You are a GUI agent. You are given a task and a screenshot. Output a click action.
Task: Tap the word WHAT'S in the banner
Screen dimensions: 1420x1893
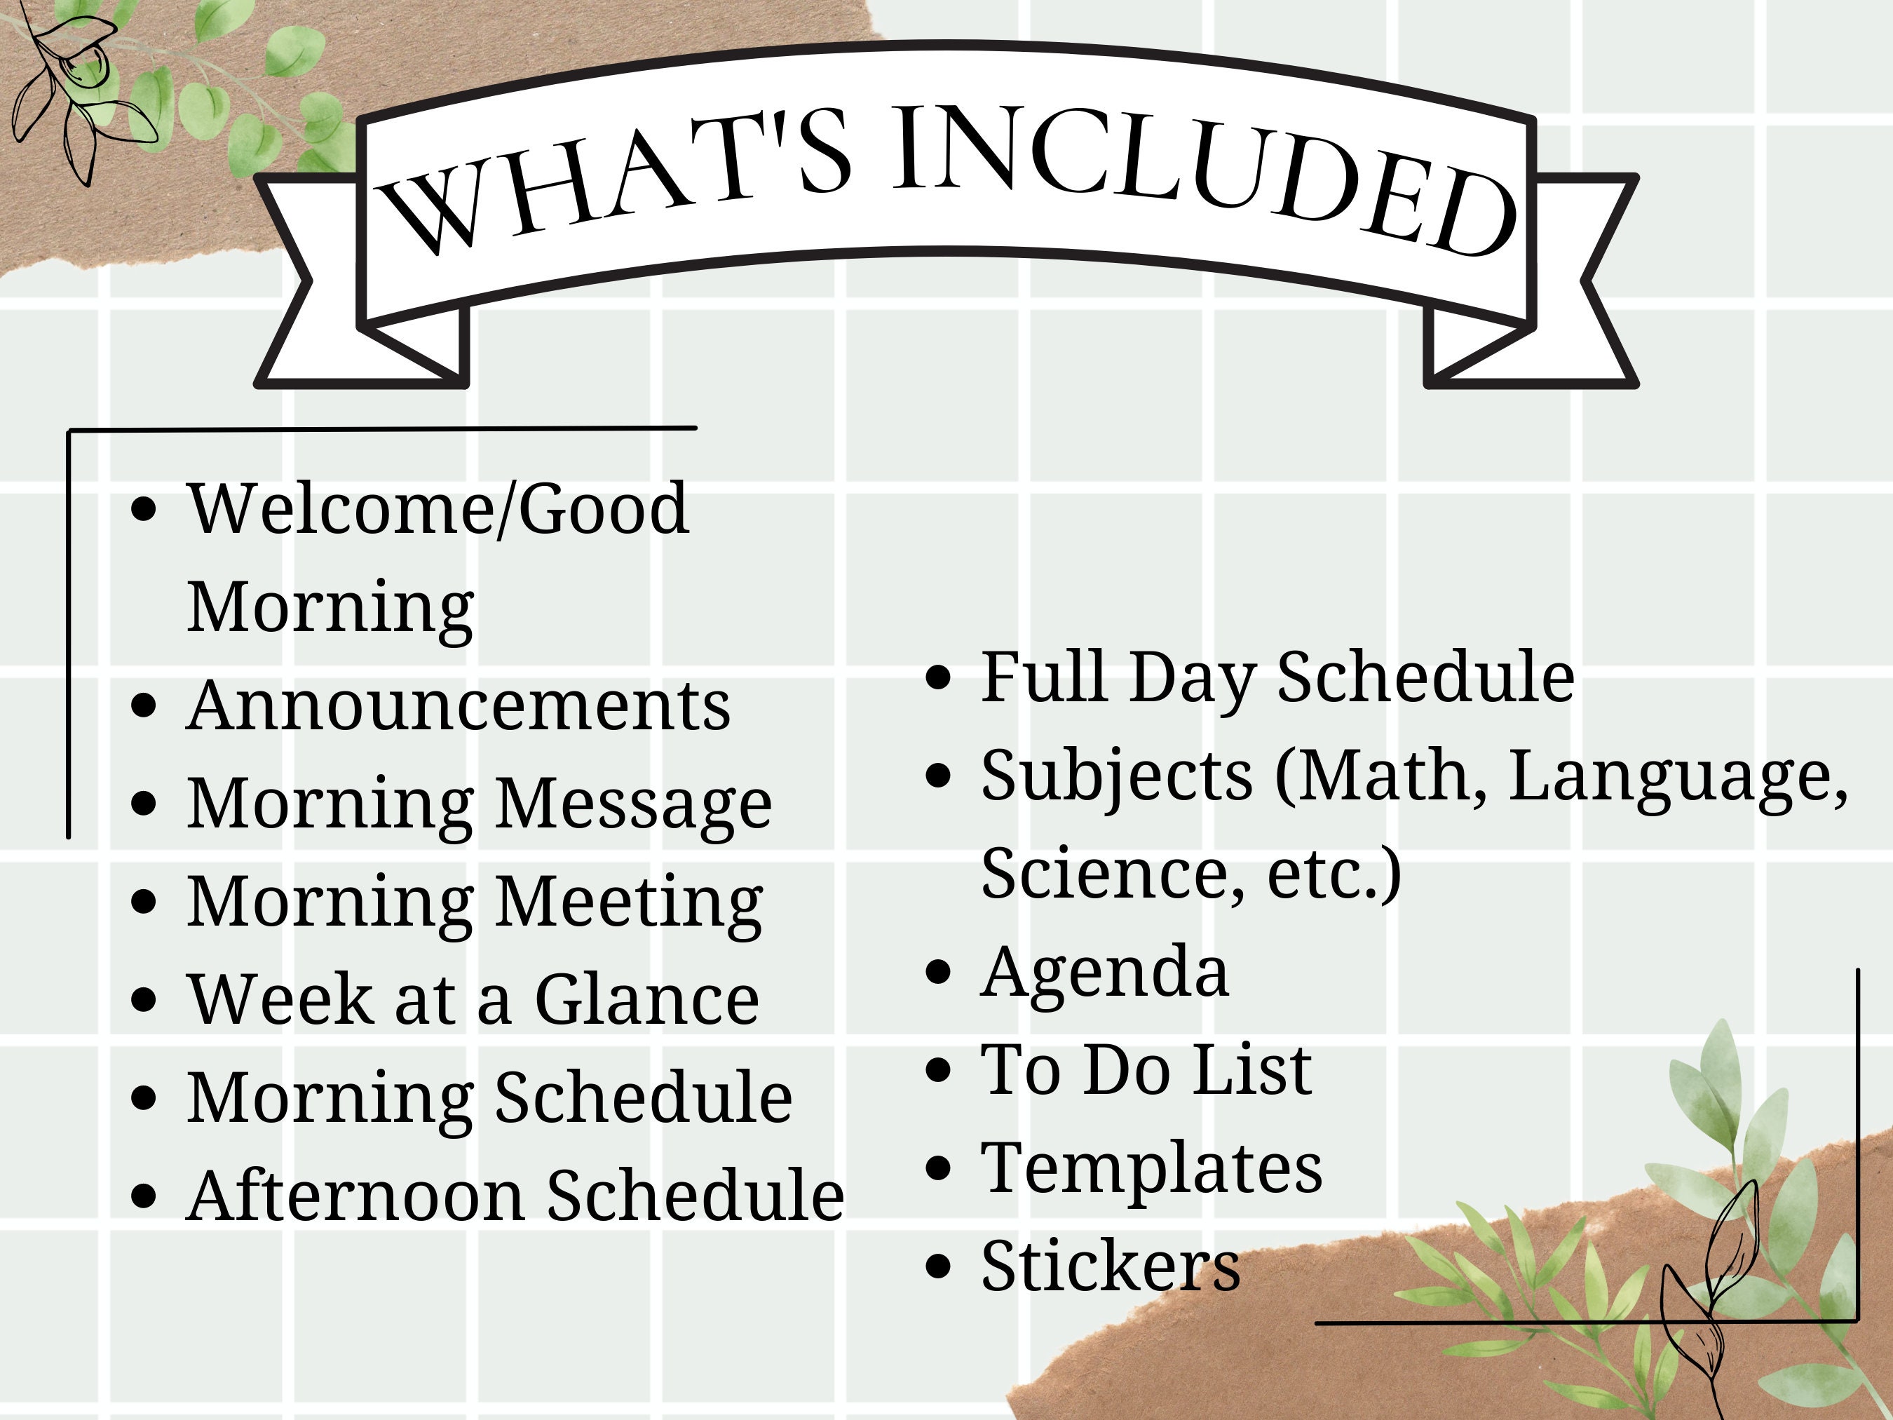pyautogui.click(x=612, y=180)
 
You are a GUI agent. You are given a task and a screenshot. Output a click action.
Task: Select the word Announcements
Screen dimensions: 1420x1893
pyautogui.click(x=458, y=705)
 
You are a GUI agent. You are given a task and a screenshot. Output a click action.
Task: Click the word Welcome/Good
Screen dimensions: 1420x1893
pyautogui.click(x=437, y=508)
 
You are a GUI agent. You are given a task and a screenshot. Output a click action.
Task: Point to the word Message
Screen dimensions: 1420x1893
pyautogui.click(x=633, y=804)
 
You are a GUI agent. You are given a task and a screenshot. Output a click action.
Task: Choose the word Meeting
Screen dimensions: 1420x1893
pyautogui.click(x=629, y=902)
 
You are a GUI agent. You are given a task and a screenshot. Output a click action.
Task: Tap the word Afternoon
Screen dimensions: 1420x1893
pyautogui.click(x=355, y=1195)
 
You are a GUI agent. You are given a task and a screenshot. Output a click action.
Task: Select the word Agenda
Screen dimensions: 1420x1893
pyautogui.click(x=1104, y=973)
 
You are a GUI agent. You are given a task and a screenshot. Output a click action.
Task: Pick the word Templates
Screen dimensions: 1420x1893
pyautogui.click(x=1151, y=1168)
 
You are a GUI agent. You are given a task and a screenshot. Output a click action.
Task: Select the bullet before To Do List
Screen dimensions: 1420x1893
pyautogui.click(x=939, y=1070)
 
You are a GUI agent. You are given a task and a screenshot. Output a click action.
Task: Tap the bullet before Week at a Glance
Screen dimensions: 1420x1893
pyautogui.click(x=144, y=1000)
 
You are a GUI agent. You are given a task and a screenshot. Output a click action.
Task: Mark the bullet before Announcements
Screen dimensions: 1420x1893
pyautogui.click(x=144, y=706)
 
